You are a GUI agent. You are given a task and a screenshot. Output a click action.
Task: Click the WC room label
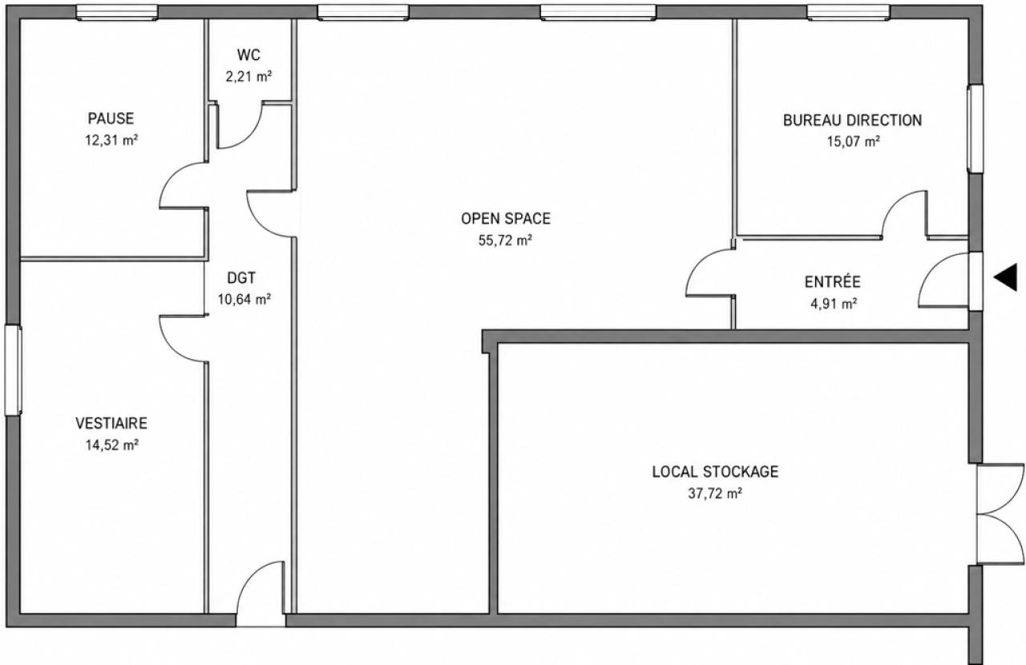pos(248,55)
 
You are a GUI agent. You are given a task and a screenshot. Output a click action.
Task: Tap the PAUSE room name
pos(111,119)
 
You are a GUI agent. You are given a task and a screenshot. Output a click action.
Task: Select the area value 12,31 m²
pos(111,139)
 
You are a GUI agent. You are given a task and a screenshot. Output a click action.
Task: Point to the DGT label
pos(241,277)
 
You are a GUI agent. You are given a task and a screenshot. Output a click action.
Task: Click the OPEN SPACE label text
pos(506,219)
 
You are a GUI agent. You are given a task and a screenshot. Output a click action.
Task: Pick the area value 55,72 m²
pos(505,240)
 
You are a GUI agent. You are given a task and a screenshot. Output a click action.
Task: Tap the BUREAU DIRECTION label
pos(852,120)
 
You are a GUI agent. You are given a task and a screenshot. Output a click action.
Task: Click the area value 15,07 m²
pos(853,141)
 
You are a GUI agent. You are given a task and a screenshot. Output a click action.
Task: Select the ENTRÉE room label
pos(833,281)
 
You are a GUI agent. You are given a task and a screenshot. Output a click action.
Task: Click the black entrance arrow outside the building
pos(1006,277)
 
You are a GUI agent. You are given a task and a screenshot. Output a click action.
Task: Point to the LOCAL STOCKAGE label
pos(715,472)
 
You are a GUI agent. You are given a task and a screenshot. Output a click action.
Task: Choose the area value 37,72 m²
pos(715,494)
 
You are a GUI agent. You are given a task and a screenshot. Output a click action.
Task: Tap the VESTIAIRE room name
pos(111,423)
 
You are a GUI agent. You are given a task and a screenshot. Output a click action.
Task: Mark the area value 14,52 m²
pos(112,445)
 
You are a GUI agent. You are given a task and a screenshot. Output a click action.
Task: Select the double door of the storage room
pos(1000,514)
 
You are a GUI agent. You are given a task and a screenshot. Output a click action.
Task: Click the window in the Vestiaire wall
pos(13,370)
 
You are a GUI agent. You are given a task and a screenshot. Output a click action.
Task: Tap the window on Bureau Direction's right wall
pos(976,129)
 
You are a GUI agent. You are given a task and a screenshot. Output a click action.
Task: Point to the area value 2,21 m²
pos(248,76)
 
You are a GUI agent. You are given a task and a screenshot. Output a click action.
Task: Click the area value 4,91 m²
pos(834,304)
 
